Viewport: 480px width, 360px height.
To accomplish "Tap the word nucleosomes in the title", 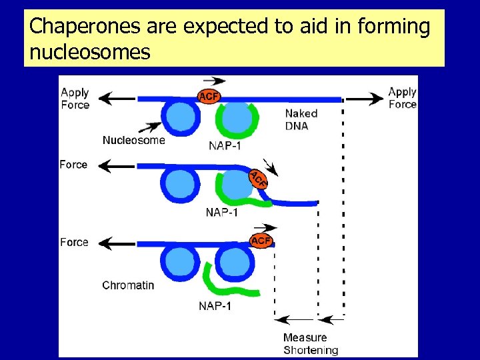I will tap(90, 51).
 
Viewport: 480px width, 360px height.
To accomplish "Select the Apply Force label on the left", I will tap(75, 99).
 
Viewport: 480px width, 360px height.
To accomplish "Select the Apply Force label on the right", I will tap(402, 98).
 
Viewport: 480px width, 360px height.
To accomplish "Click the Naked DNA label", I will tap(301, 119).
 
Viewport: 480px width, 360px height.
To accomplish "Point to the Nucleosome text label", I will tap(133, 140).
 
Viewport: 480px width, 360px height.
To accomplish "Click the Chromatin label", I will tap(128, 285).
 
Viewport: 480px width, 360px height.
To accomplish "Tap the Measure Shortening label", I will tap(310, 343).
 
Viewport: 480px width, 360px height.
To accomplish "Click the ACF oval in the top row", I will tap(209, 97).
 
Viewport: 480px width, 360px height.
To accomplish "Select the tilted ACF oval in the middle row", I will tap(258, 179).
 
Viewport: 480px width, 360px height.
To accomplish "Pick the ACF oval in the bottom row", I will tap(261, 240).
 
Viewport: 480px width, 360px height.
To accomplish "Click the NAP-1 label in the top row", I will tap(225, 147).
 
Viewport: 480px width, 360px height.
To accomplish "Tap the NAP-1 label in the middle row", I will tap(222, 213).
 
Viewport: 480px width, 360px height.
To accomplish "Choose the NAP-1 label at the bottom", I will tap(215, 306).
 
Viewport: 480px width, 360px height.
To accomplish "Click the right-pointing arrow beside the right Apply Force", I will tap(365, 99).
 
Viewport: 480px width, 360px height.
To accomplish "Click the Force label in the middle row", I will tap(73, 165).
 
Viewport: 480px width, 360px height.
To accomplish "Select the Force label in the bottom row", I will tap(74, 242).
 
